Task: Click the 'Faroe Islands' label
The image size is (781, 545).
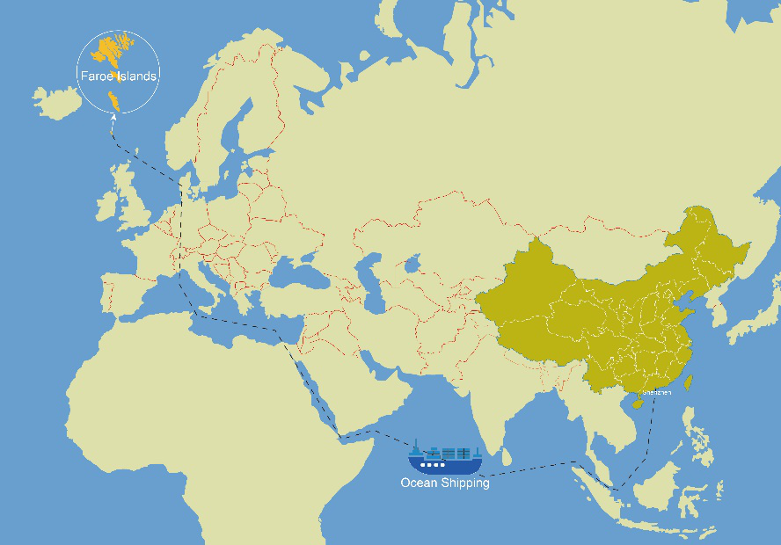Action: point(118,76)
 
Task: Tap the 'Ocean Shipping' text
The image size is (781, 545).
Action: point(444,483)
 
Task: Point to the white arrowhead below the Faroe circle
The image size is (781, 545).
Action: point(113,127)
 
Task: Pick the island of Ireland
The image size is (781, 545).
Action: point(106,207)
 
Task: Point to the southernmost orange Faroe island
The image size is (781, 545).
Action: point(113,99)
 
